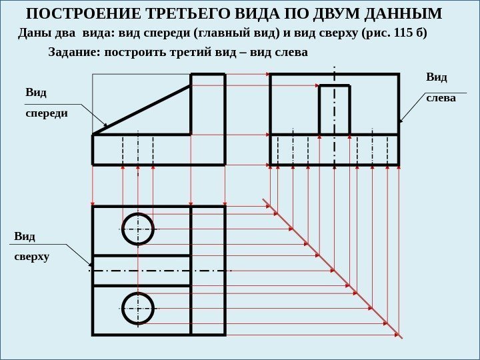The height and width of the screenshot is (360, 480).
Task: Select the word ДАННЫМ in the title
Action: tap(403, 14)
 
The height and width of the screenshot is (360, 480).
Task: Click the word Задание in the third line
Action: tap(72, 51)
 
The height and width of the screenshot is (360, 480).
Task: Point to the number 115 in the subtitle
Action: tap(404, 33)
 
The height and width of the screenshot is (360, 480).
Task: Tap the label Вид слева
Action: tap(441, 87)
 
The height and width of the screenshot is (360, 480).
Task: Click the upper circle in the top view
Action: tap(138, 229)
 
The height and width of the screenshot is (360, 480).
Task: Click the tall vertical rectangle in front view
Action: tap(208, 104)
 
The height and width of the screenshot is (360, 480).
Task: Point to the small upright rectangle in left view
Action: tap(334, 110)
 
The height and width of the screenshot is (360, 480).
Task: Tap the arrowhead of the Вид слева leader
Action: tap(401, 121)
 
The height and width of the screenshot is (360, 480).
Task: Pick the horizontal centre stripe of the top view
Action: tap(159, 271)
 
